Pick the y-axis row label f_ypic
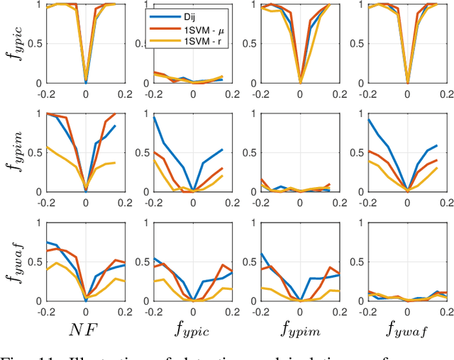(x=15, y=43)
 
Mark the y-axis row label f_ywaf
(x=15, y=261)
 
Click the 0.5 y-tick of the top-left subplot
(x=35, y=43)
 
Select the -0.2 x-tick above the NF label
(x=47, y=310)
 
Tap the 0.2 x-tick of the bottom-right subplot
(x=446, y=310)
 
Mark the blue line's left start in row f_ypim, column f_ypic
(x=154, y=117)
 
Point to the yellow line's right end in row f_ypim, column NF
(x=116, y=163)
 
